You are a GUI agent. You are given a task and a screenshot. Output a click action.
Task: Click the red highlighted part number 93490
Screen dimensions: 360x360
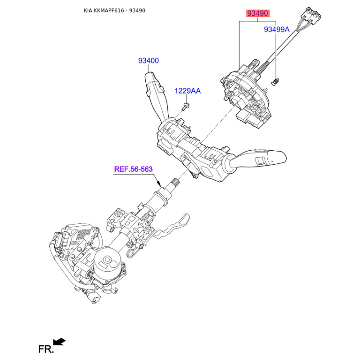258,13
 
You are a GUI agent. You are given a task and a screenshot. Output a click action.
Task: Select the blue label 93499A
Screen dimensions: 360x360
277,29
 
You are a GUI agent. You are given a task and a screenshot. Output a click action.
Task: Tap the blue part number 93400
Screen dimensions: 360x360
148,61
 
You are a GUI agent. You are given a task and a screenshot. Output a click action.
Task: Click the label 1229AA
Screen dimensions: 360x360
188,91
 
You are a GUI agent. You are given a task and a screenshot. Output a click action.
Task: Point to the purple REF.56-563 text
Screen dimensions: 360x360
133,169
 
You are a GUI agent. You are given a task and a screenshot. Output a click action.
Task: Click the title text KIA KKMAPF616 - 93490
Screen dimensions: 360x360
114,10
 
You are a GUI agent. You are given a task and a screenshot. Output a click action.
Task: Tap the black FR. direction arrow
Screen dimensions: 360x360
59,342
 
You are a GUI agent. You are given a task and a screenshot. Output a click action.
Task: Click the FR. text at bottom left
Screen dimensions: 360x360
46,349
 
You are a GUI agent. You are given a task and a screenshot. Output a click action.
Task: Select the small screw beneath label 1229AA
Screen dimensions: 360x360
185,107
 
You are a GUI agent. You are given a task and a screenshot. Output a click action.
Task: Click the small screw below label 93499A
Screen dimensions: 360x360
275,82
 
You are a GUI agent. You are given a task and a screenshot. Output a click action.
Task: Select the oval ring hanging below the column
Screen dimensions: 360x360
131,254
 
